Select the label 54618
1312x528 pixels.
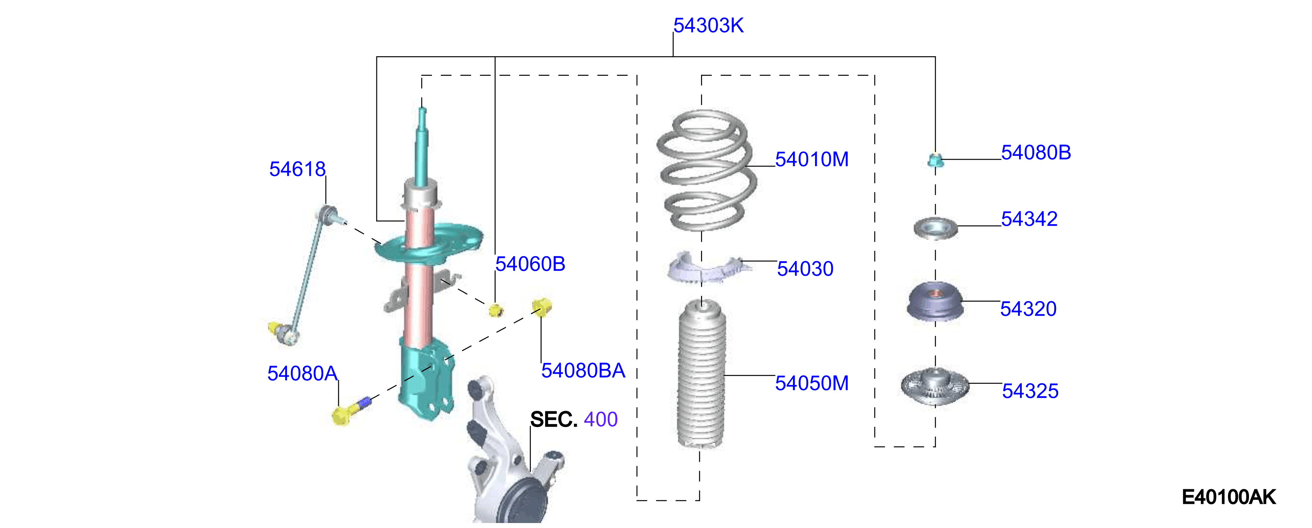(297, 169)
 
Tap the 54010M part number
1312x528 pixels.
(812, 159)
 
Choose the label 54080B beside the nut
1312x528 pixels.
(1036, 153)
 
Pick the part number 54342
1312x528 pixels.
(1029, 219)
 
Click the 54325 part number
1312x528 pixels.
(1030, 391)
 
